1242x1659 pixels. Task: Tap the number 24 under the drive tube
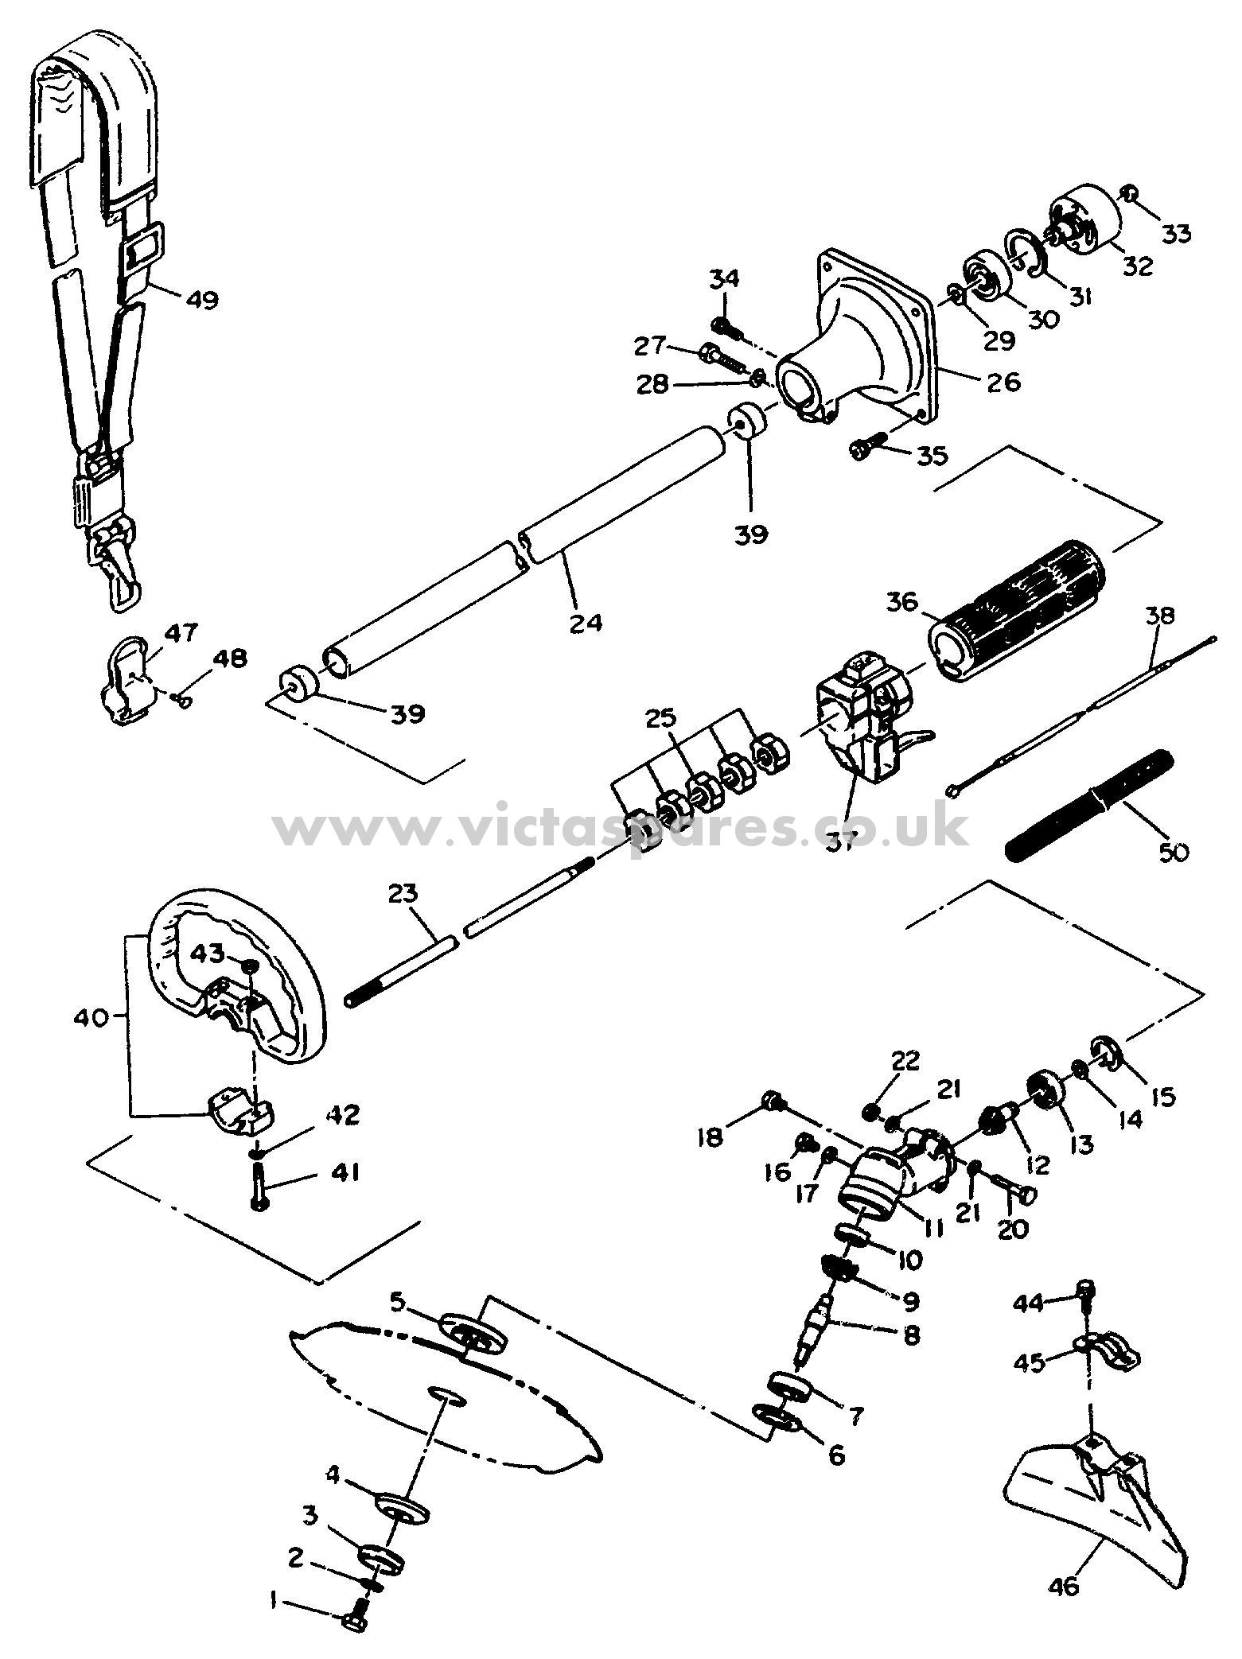(586, 621)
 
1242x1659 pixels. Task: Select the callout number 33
(1177, 234)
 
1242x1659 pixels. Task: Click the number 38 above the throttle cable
(1162, 615)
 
